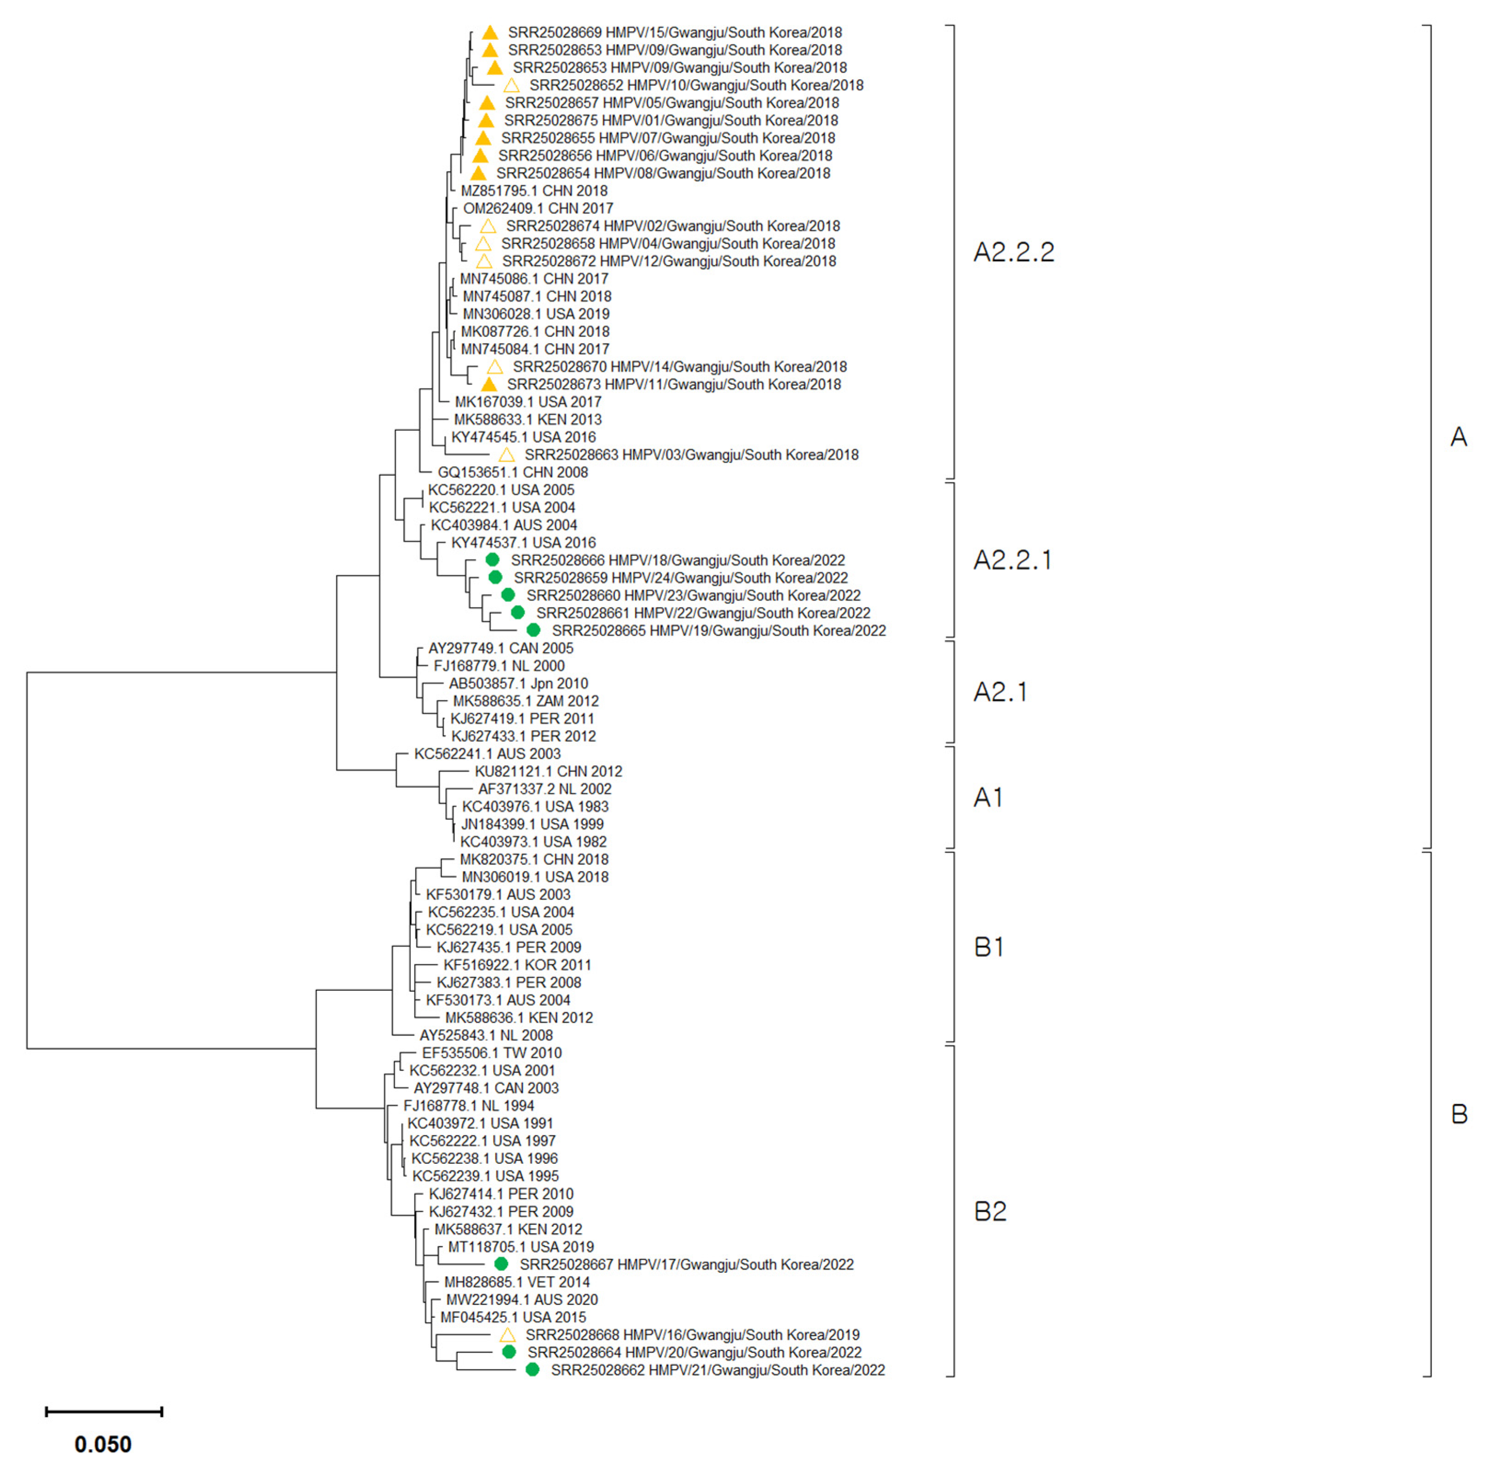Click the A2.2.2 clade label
click(x=1014, y=252)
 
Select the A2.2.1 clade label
click(x=1012, y=560)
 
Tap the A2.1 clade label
click(x=1000, y=692)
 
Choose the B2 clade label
click(x=990, y=1211)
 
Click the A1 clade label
click(x=988, y=797)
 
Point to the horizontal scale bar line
click(x=104, y=1412)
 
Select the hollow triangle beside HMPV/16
click(x=507, y=1334)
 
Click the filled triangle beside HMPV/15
click(x=490, y=32)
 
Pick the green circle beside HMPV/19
click(x=533, y=630)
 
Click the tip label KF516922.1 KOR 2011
click(x=517, y=965)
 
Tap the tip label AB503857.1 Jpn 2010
click(x=518, y=683)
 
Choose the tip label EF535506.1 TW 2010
click(x=491, y=1052)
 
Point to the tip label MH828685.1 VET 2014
click(x=517, y=1282)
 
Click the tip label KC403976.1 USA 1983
click(x=535, y=806)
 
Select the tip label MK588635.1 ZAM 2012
click(x=525, y=701)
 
